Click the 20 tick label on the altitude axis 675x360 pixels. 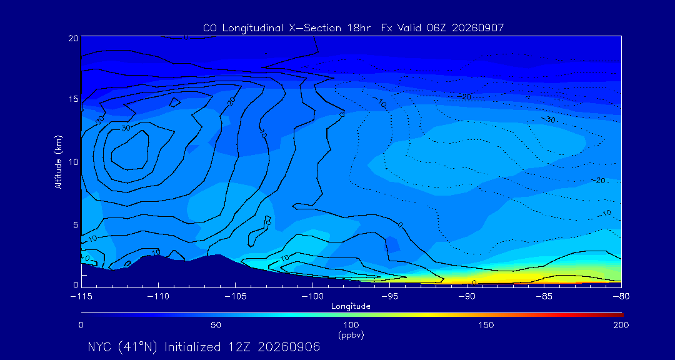(x=73, y=37)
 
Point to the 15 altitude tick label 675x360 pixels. (x=73, y=99)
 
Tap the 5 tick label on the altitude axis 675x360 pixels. (x=76, y=225)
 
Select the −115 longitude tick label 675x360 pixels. (x=81, y=297)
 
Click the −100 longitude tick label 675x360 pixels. (x=312, y=297)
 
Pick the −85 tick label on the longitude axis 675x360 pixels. (x=544, y=297)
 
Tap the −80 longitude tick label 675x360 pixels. (x=621, y=297)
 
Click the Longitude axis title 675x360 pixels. (x=351, y=307)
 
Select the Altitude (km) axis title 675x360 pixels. (x=58, y=161)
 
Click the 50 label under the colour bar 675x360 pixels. (x=216, y=325)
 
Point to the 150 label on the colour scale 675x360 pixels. (x=486, y=325)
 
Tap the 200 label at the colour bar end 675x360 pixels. (x=621, y=325)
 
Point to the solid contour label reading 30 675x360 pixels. (x=125, y=128)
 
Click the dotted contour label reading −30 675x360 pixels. (x=548, y=119)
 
